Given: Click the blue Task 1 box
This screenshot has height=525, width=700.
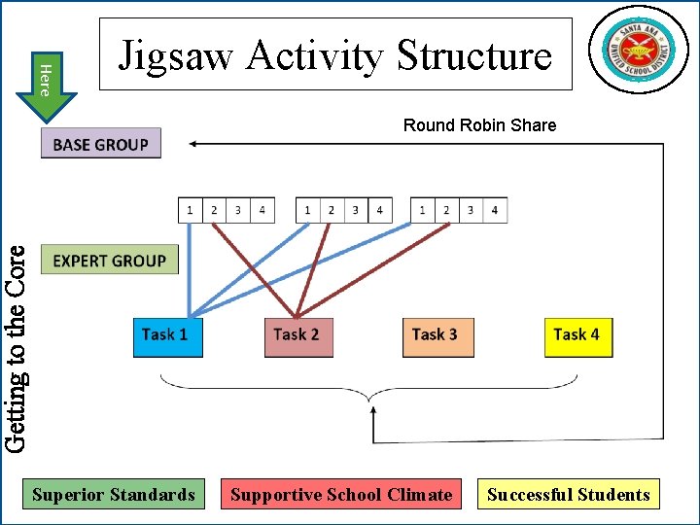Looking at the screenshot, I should pos(167,336).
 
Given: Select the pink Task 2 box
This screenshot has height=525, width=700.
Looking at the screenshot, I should pos(297,336).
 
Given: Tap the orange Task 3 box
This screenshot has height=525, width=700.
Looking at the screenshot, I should pos(437,336).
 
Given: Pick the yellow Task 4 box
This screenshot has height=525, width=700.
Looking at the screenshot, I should pos(577,336).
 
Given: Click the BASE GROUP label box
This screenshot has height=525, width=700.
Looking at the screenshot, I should pos(101,144).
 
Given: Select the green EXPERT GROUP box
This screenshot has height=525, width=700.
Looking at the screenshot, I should pos(110,260).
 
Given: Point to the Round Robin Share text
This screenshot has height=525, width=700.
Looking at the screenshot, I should pos(479,124).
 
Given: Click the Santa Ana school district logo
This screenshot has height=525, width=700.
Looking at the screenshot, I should pos(638,50).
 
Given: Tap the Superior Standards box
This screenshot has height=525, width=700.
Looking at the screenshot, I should pos(114,494).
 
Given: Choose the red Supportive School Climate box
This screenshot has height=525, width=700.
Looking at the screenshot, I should pos(341,494).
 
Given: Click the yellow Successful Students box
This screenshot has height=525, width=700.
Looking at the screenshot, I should pos(568,494).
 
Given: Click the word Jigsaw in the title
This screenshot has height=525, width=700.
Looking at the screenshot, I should pos(177,55).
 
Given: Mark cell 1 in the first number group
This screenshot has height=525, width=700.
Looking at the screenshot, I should pos(190,210).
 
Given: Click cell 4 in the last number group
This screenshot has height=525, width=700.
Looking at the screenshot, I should pos(495,210).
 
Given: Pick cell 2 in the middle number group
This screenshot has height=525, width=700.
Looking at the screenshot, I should pos(332,210).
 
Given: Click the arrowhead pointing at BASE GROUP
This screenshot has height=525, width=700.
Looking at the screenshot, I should pos(193,144).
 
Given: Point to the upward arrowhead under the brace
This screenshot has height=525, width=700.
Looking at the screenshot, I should pos(373,413).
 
